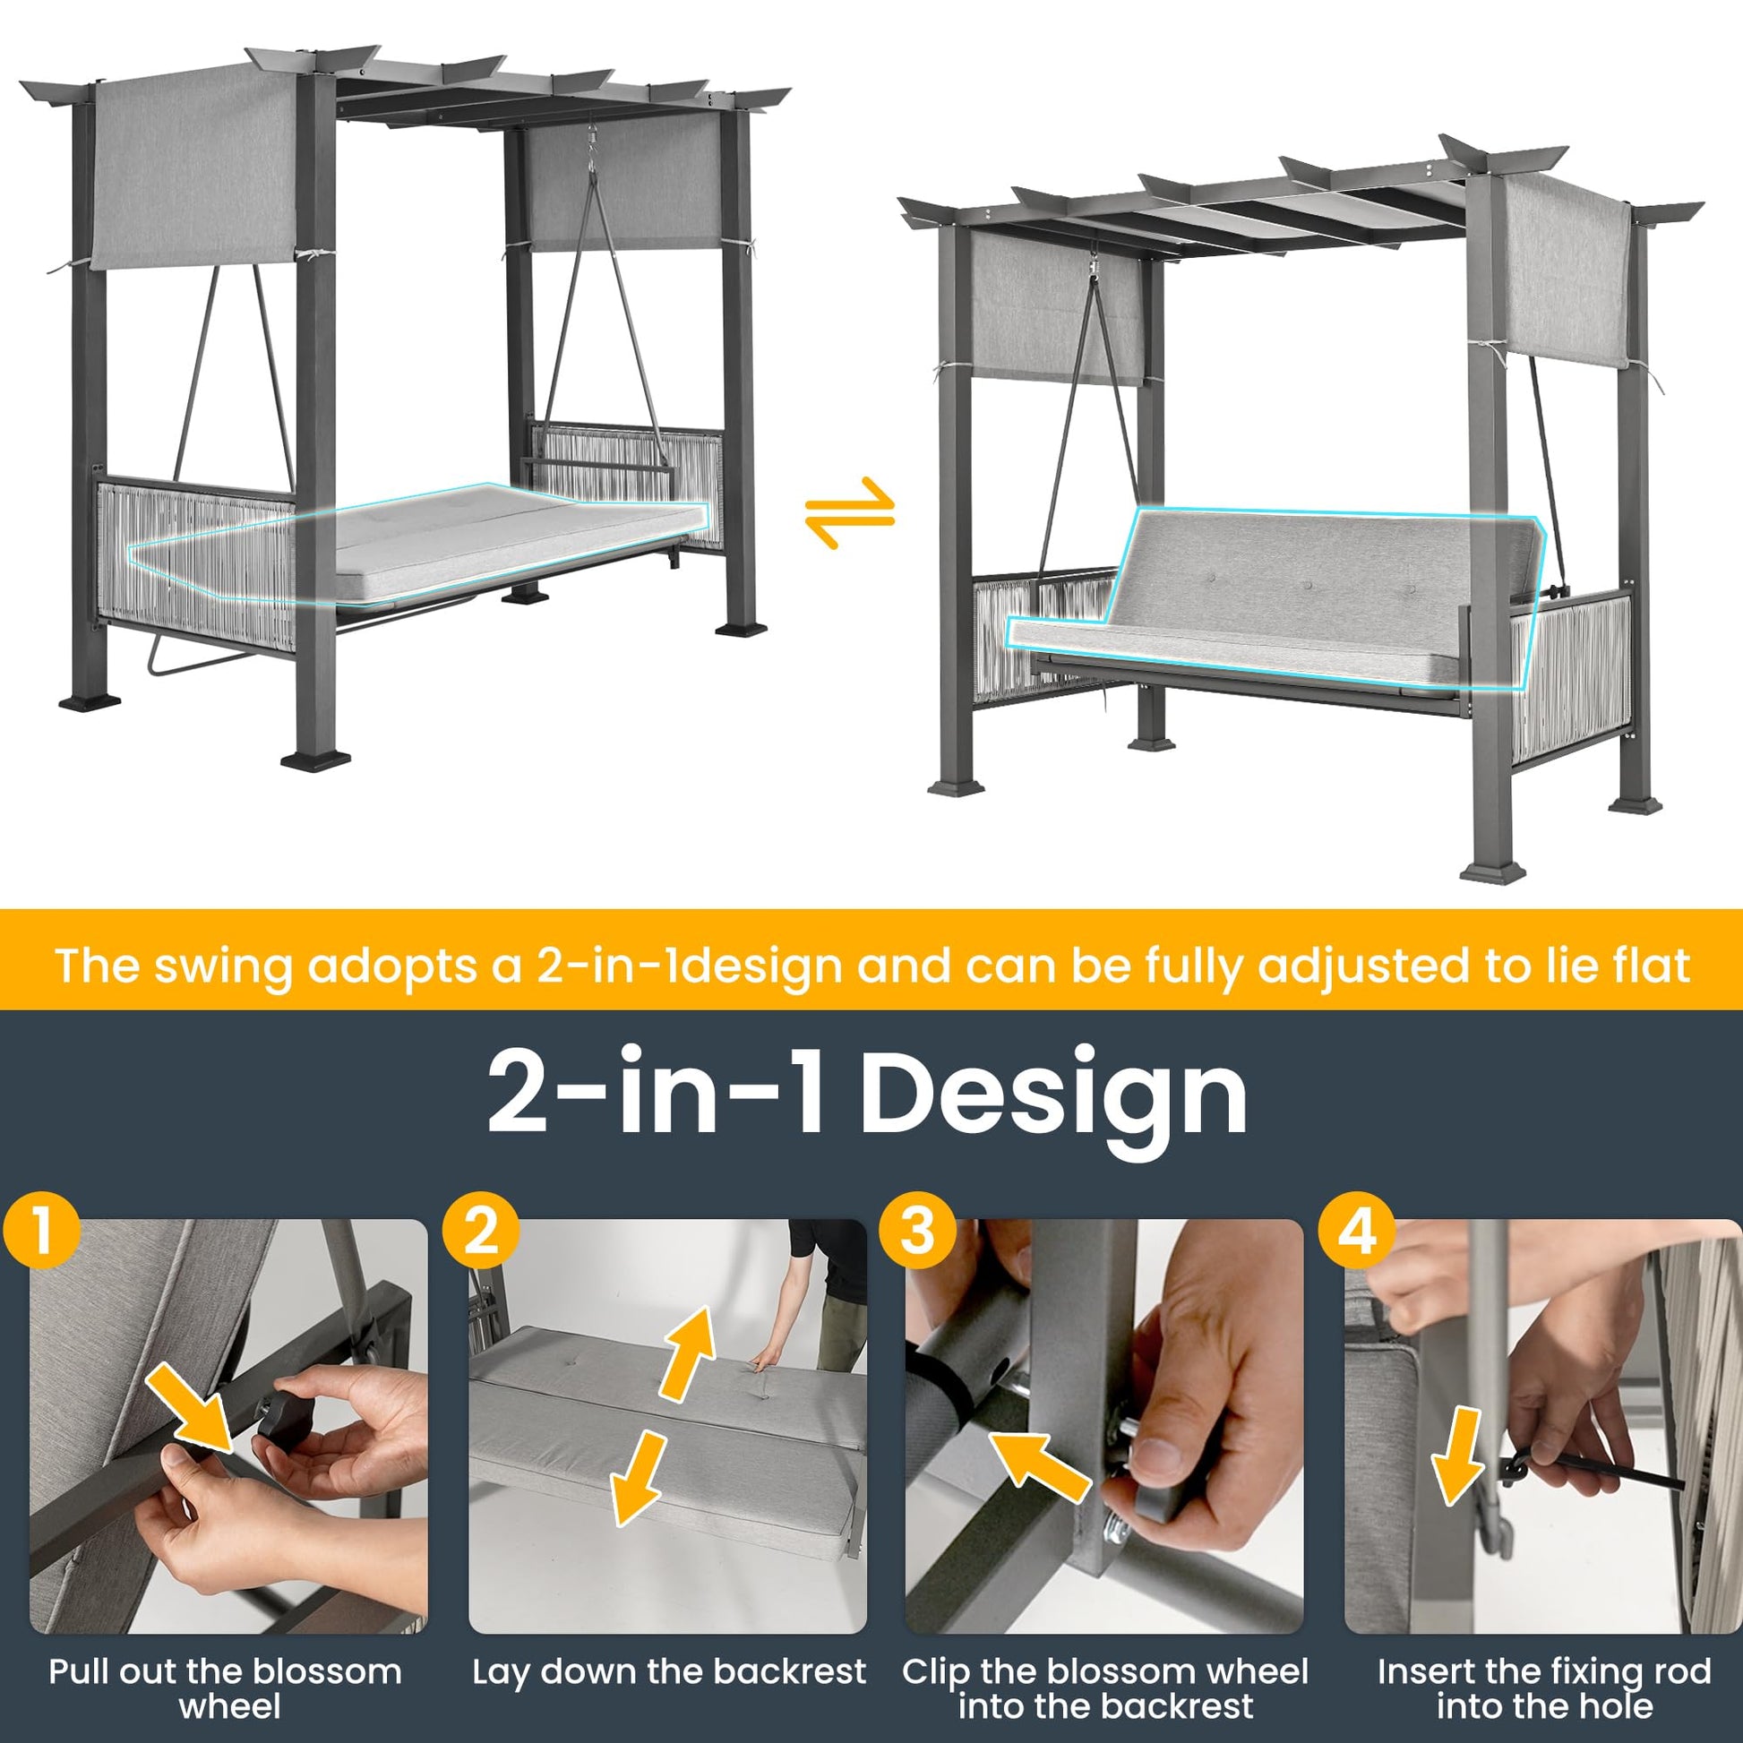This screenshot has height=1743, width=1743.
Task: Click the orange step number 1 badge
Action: coord(41,1232)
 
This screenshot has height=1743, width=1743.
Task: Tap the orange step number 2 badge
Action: coord(481,1232)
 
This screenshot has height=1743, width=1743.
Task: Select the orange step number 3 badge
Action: coord(918,1232)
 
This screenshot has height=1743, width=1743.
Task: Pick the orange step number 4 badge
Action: coord(1358,1232)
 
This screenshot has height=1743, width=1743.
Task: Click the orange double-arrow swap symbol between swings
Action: coord(851,512)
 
